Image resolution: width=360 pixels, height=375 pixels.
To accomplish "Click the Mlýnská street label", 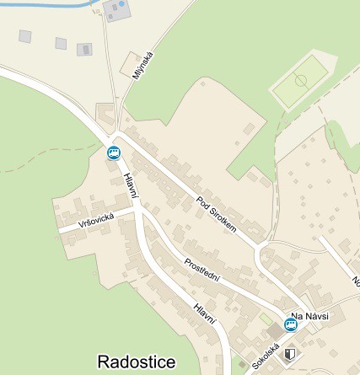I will pyautogui.click(x=144, y=67).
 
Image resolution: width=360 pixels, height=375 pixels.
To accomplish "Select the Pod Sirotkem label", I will pyautogui.click(x=217, y=216).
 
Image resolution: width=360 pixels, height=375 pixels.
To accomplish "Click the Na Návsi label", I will pyautogui.click(x=308, y=317).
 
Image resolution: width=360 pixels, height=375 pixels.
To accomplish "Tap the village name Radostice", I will pyautogui.click(x=137, y=362).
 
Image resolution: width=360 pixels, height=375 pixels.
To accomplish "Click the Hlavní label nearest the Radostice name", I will pyautogui.click(x=205, y=315).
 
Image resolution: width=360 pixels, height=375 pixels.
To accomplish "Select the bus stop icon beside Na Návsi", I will pyautogui.click(x=290, y=324).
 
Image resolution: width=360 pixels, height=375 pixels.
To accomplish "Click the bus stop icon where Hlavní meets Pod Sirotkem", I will pyautogui.click(x=114, y=153).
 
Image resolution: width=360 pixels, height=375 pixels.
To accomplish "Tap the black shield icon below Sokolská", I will pyautogui.click(x=291, y=356).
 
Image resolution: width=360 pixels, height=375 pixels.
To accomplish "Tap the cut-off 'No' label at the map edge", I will pyautogui.click(x=355, y=281).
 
